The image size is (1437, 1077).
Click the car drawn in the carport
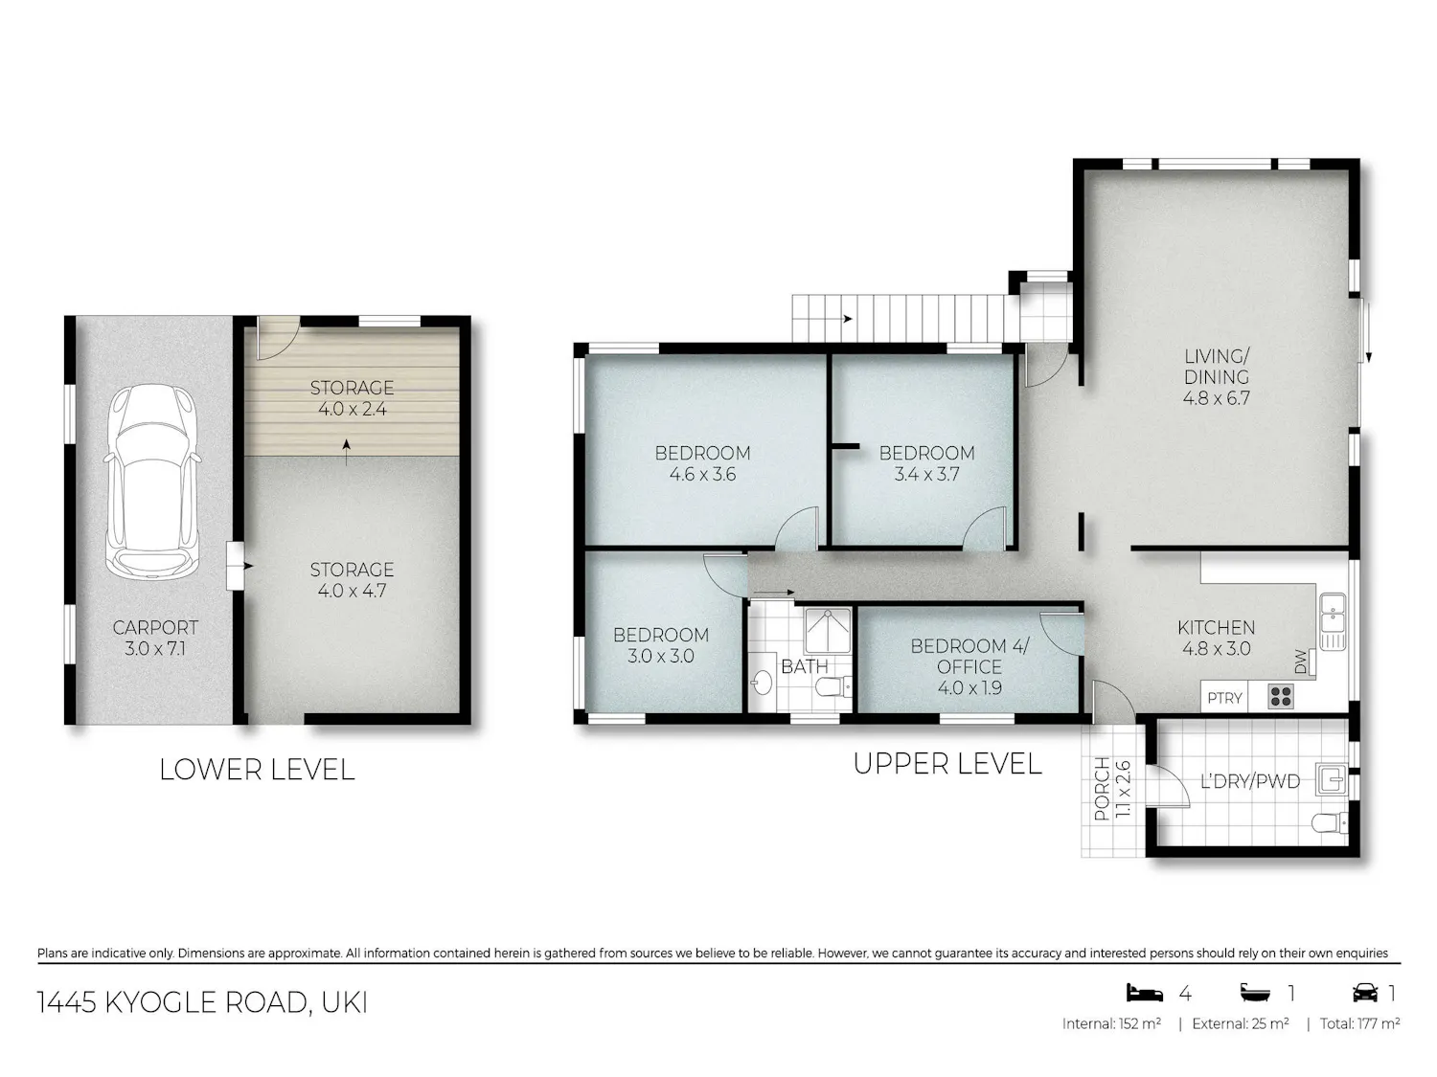[151, 481]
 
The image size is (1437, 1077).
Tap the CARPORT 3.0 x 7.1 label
[155, 639]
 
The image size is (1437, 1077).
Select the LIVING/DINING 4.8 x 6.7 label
[1217, 376]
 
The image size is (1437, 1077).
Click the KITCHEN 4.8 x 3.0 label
[1217, 639]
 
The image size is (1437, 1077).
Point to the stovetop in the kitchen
[1281, 696]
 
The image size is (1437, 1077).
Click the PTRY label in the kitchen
[1225, 698]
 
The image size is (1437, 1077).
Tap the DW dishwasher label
[1300, 662]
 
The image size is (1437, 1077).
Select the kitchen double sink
[1333, 621]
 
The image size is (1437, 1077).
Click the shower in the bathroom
[828, 630]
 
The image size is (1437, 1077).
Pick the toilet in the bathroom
[833, 686]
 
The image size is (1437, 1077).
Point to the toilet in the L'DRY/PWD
[1330, 822]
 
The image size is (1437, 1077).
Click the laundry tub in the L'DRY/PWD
[1331, 778]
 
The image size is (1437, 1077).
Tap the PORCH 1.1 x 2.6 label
[1112, 788]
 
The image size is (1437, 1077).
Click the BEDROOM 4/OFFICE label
[969, 657]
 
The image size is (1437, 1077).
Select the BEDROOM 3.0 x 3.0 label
[661, 644]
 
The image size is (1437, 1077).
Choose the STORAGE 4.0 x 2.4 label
[352, 398]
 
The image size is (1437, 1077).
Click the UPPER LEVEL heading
[947, 764]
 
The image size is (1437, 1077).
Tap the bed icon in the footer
[1145, 994]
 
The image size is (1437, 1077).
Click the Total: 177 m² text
[1359, 1023]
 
